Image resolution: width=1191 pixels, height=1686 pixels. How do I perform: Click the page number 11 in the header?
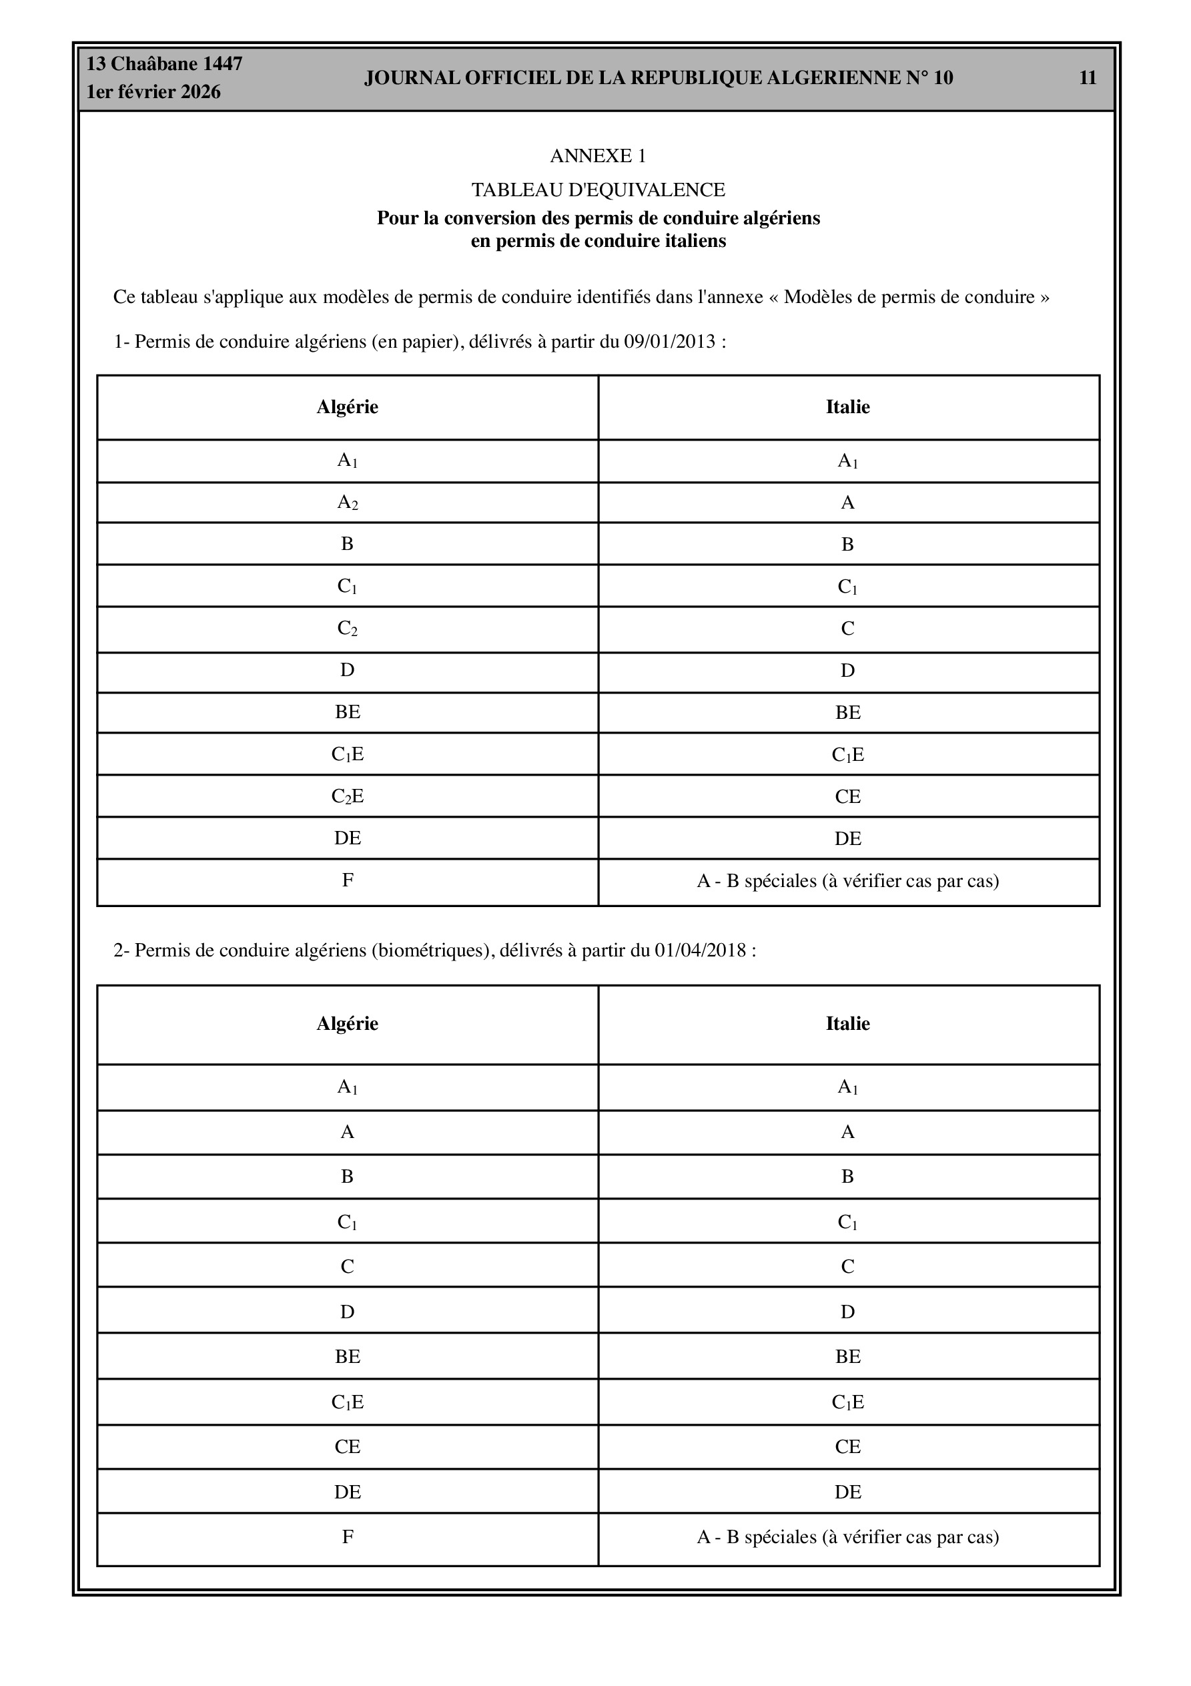[x=1088, y=78]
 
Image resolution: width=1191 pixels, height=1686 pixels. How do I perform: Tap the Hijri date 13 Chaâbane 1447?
[x=165, y=64]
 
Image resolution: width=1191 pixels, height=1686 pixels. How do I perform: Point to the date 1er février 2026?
[x=153, y=93]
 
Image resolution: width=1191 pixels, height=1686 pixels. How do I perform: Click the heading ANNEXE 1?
[x=598, y=156]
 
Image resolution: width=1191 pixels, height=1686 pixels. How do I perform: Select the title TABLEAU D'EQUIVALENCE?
[x=598, y=190]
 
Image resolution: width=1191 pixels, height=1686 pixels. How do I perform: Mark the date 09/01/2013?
[x=670, y=342]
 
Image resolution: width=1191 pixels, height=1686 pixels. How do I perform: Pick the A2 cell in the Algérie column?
[x=348, y=503]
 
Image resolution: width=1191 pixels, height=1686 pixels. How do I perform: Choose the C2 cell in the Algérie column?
[x=348, y=629]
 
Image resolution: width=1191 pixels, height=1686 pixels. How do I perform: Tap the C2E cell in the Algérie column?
[x=348, y=797]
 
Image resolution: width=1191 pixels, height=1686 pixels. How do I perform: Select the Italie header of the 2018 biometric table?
[x=847, y=1024]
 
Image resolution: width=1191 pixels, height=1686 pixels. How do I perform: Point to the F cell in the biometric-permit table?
[x=348, y=1536]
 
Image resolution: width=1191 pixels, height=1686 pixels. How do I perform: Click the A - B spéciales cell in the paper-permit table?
[x=847, y=881]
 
